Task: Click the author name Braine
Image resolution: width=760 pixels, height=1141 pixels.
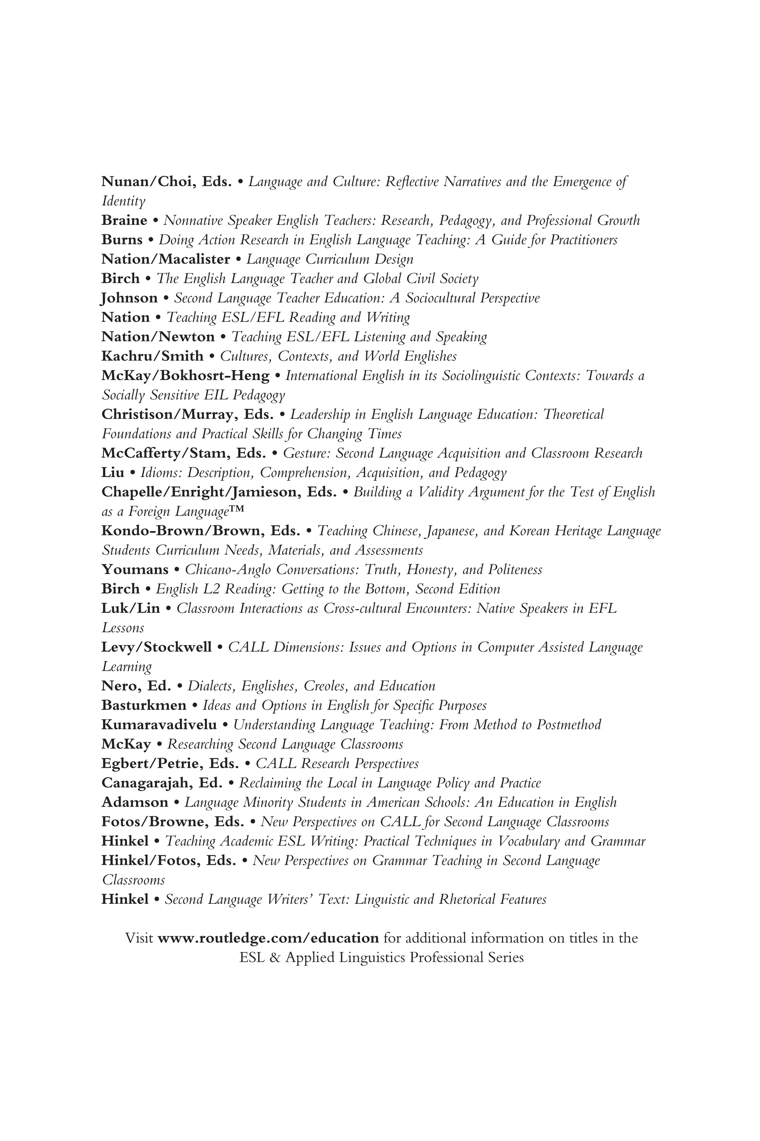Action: point(124,220)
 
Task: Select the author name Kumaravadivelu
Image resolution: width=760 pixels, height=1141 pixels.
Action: point(159,725)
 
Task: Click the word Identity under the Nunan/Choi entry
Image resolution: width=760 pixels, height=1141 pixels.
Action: point(123,201)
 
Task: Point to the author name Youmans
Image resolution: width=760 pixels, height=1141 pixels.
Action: point(135,569)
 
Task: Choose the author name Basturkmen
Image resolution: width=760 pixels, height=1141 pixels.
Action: point(144,705)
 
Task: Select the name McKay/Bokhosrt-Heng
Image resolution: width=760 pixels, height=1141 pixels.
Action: point(185,376)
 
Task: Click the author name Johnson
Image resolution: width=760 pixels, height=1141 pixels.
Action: point(130,298)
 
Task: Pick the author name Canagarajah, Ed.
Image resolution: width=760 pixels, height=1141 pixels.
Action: point(162,783)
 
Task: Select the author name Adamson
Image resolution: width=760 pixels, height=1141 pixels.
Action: point(135,802)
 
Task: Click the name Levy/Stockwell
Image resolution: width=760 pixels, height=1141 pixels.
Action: point(157,647)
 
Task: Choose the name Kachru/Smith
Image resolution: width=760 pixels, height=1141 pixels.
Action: point(152,356)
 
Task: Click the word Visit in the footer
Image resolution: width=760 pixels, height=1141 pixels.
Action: point(140,938)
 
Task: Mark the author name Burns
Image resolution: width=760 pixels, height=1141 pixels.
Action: point(122,240)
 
